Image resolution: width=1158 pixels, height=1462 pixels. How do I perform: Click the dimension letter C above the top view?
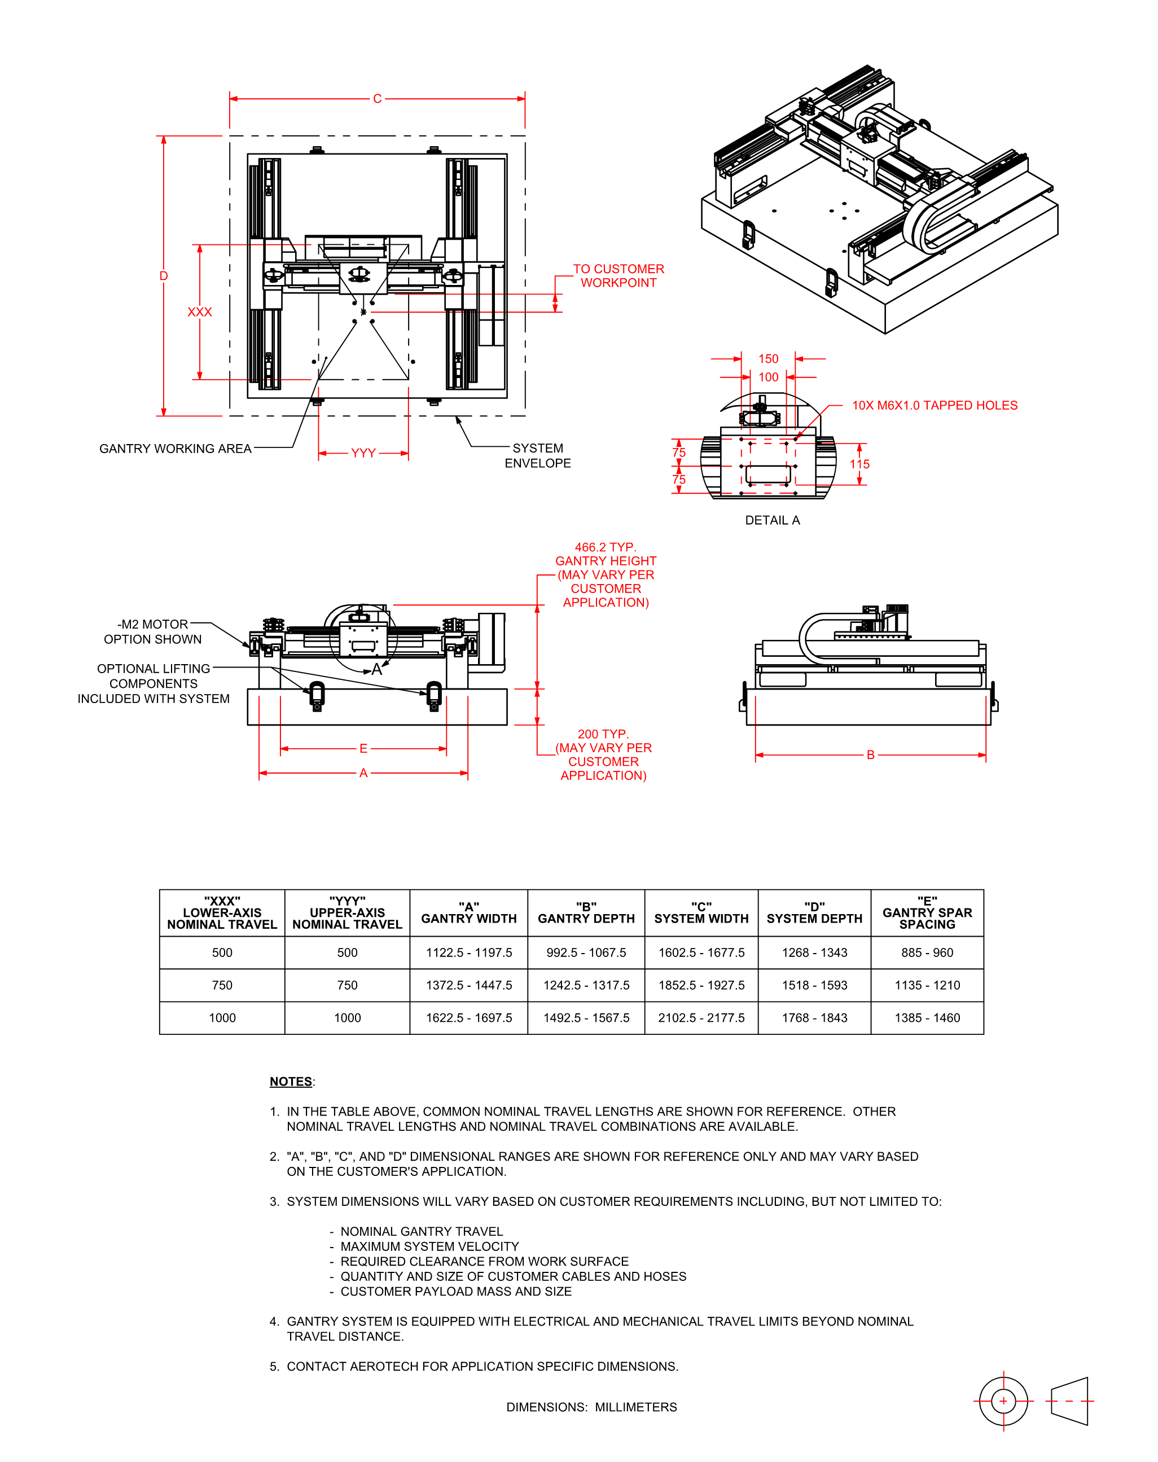377,99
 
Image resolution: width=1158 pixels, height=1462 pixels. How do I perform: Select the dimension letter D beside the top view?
164,276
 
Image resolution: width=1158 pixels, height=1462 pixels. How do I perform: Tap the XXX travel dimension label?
199,312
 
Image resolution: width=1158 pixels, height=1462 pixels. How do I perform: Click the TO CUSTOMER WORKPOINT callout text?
619,276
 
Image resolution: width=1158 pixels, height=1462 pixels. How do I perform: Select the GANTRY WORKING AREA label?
175,449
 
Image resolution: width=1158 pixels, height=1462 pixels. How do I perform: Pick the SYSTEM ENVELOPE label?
538,455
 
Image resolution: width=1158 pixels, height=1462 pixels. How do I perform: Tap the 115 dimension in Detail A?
859,464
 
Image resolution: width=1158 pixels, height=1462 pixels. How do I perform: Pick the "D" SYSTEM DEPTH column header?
814,912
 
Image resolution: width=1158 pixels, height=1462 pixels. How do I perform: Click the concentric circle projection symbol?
1003,1401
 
